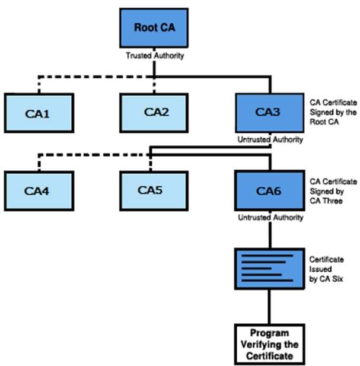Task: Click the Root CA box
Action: pos(154,28)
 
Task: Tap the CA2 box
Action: pos(154,112)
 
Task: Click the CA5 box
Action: pos(154,190)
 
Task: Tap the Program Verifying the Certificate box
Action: pos(270,344)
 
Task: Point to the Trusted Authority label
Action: pos(154,55)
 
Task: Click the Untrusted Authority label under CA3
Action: pos(270,139)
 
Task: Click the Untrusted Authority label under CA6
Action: pos(270,218)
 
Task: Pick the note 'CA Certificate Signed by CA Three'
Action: pos(333,190)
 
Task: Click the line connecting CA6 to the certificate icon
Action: pos(270,234)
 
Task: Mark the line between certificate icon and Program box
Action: pos(270,305)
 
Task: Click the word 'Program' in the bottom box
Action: pos(270,333)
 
